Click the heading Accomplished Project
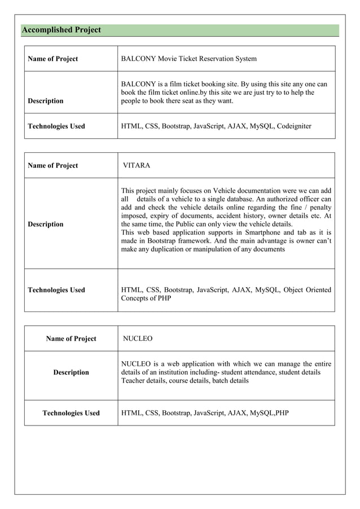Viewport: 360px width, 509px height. pyautogui.click(x=61, y=30)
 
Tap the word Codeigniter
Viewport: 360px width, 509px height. pyautogui.click(x=293, y=126)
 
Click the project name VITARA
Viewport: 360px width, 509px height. pyautogui.click(x=137, y=165)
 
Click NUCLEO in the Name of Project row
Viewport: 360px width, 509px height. pyautogui.click(x=138, y=339)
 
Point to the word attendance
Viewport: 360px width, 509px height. pyautogui.click(x=265, y=372)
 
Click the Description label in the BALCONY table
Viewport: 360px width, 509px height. pyautogui.click(x=46, y=101)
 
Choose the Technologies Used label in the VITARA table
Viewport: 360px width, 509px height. pyautogui.click(x=56, y=290)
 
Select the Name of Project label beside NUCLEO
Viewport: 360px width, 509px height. pyautogui.click(x=71, y=339)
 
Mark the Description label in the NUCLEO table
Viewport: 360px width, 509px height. pyautogui.click(x=71, y=372)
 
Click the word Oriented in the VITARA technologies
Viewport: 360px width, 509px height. pyautogui.click(x=317, y=289)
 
